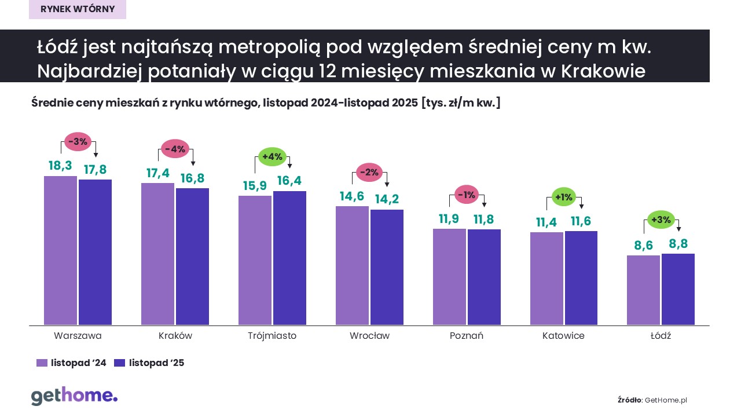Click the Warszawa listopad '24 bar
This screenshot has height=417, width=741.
pos(60,250)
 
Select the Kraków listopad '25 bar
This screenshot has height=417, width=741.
pos(192,257)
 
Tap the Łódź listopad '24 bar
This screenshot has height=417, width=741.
pos(643,290)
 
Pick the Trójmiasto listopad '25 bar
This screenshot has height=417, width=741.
pos(289,258)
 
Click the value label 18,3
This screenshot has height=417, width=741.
pos(60,166)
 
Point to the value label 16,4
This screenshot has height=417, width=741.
pos(289,181)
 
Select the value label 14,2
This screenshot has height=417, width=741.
pos(387,200)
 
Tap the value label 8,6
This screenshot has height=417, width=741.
pos(643,246)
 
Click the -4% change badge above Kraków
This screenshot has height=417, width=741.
pos(175,149)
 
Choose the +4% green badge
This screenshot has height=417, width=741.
pos(272,156)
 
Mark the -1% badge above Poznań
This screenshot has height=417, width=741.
pos(467,195)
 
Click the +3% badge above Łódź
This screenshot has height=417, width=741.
pos(661,220)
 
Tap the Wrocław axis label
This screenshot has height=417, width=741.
pos(369,336)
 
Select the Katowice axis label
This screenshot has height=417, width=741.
pos(563,336)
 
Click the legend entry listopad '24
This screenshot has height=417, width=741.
pos(71,363)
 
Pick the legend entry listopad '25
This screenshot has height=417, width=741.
pos(149,363)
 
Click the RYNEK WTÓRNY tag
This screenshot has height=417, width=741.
pos(78,9)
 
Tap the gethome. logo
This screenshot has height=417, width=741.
pos(74,396)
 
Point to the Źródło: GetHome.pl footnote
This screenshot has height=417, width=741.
pos(652,400)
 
